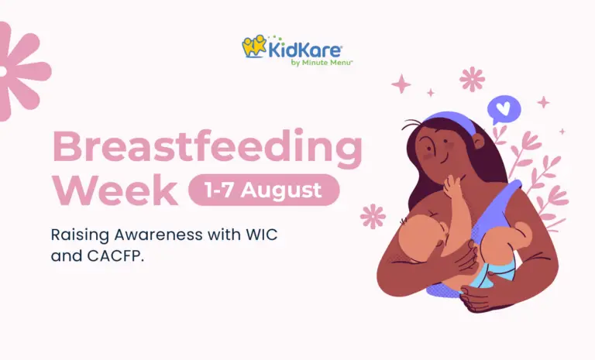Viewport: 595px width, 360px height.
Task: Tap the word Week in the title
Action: (115, 190)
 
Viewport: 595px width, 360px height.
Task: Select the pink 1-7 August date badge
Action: (264, 190)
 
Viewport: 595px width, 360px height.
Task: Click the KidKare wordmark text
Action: (305, 50)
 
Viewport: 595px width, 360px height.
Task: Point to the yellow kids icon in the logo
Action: (254, 46)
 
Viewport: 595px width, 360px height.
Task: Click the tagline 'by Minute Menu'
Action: (322, 63)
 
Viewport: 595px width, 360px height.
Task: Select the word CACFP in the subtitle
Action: (115, 256)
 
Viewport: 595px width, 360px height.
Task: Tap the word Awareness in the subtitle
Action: (159, 235)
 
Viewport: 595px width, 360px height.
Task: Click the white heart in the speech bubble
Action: (504, 108)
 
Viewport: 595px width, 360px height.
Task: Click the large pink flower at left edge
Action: (22, 71)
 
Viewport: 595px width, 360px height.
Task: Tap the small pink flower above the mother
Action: (472, 79)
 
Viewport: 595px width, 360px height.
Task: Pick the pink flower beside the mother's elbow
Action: (373, 217)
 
